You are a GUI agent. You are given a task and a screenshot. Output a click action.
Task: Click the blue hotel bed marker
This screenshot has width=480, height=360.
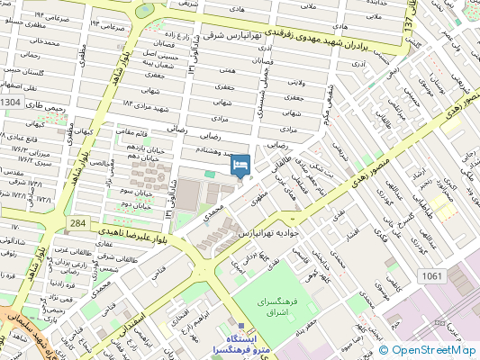pyautogui.click(x=240, y=166)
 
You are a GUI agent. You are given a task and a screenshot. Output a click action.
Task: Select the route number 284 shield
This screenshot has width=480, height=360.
pyautogui.click(x=78, y=222)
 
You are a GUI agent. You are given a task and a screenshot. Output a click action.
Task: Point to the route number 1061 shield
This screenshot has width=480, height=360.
pyautogui.click(x=432, y=275)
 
